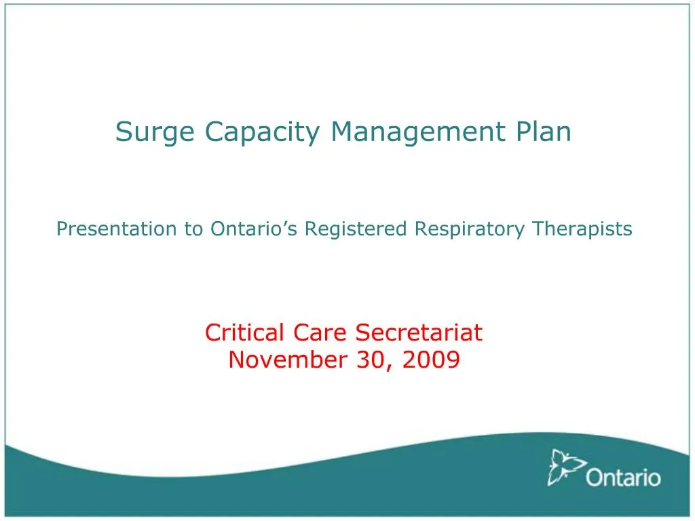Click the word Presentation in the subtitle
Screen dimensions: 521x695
point(116,229)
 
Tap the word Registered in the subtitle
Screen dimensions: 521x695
point(356,229)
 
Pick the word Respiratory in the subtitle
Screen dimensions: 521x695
point(470,229)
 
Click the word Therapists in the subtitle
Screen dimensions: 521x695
point(582,229)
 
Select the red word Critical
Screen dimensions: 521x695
point(244,332)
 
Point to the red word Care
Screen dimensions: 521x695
point(319,332)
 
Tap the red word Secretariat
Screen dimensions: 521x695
point(419,332)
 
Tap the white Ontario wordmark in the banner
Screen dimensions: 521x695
point(623,478)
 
